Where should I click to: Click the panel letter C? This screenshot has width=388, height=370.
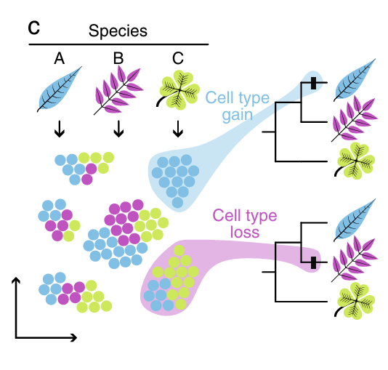(x=33, y=29)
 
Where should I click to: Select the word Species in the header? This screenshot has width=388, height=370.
(x=118, y=31)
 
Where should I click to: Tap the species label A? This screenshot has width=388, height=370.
(x=60, y=58)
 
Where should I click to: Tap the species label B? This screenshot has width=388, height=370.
(x=118, y=58)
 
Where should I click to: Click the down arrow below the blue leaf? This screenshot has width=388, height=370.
(x=60, y=128)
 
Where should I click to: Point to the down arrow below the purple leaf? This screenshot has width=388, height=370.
(x=118, y=128)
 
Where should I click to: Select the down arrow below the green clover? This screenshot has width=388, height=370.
(x=177, y=128)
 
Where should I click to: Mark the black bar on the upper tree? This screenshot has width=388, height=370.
(x=313, y=83)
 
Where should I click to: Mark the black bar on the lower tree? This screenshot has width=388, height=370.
(x=313, y=262)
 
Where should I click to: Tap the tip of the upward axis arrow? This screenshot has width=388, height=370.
(x=15, y=278)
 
